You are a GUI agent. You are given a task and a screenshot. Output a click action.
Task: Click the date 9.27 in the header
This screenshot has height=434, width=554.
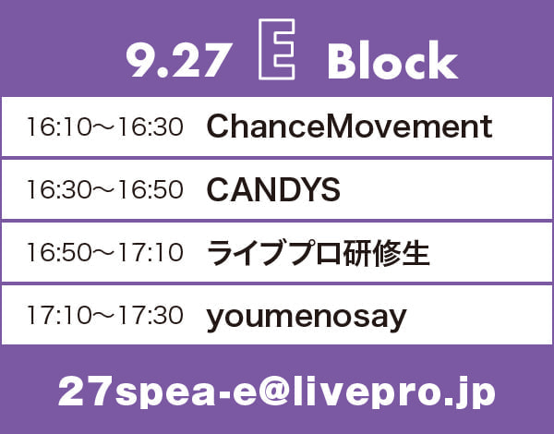click(179, 60)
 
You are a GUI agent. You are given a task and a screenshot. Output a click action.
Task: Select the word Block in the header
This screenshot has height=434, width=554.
click(392, 60)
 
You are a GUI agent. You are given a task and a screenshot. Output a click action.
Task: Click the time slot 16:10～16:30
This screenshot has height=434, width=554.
click(105, 127)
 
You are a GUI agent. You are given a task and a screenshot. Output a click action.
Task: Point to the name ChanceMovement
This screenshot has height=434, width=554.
click(349, 127)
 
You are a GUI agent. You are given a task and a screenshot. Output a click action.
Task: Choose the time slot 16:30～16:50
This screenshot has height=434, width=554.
click(105, 189)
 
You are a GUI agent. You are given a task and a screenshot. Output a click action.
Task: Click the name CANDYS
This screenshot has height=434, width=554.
click(273, 189)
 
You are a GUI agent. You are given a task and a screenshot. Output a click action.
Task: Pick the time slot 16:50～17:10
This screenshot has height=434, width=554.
click(105, 252)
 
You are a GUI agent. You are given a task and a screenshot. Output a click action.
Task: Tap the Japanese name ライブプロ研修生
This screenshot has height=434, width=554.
click(319, 253)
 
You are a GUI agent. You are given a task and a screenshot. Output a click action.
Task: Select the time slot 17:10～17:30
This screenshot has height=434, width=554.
click(105, 315)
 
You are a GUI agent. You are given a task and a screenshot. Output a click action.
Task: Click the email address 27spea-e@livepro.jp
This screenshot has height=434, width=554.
click(277, 392)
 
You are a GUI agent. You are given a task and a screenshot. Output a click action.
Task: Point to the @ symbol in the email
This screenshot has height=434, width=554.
click(275, 392)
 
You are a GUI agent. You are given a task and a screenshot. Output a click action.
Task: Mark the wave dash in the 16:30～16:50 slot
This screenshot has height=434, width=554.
click(105, 190)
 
